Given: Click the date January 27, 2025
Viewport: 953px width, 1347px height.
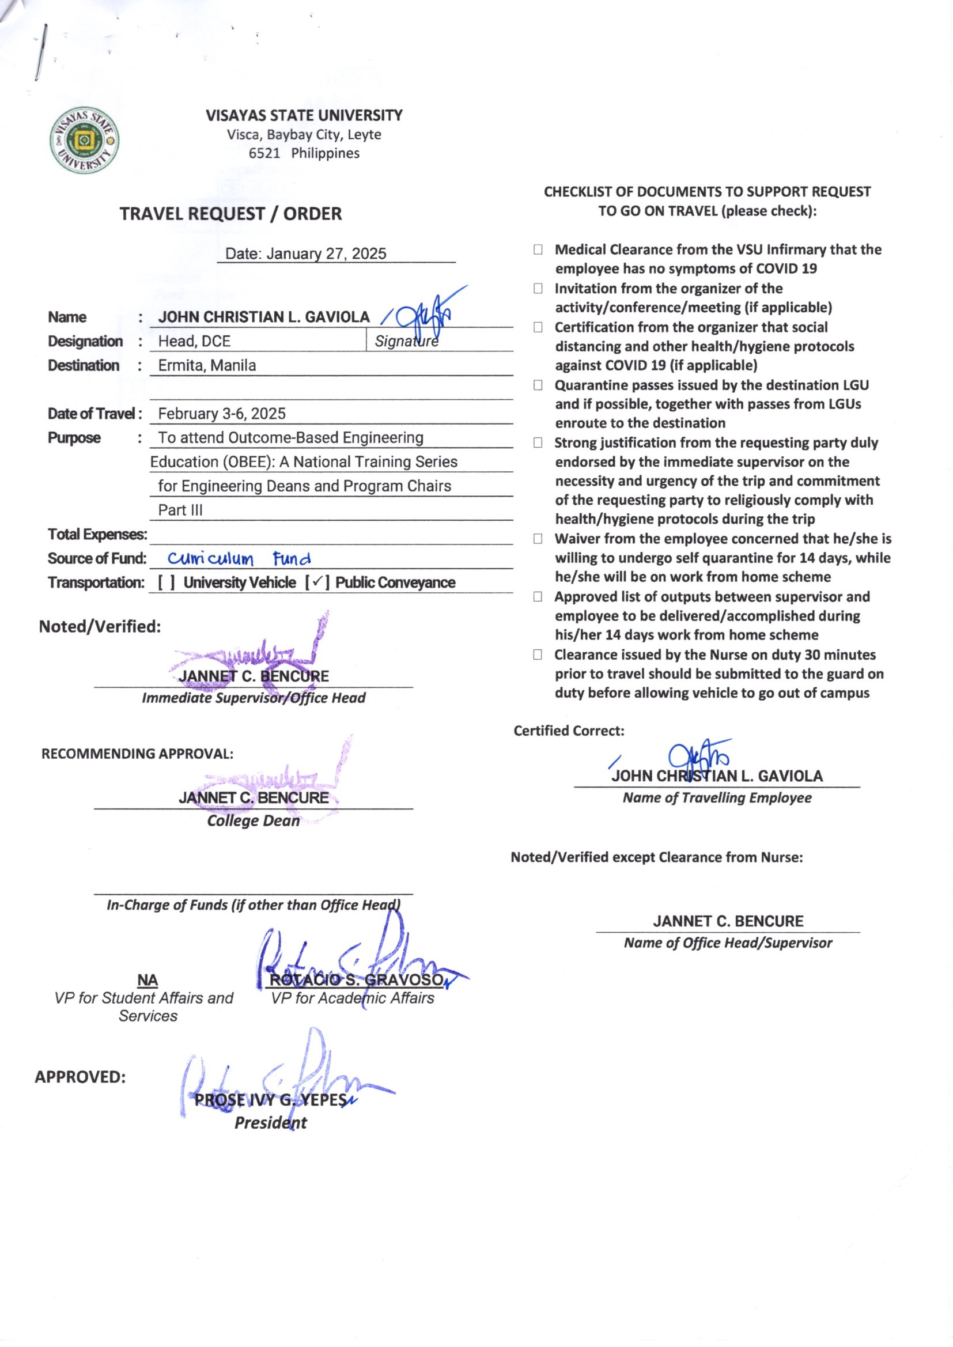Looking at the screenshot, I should coord(306,253).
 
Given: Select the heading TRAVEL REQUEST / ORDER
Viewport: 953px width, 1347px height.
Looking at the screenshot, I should coord(230,214).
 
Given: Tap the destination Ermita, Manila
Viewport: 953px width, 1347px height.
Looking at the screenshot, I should coord(207,365).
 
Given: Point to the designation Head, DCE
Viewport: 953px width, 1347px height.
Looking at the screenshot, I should coord(194,341).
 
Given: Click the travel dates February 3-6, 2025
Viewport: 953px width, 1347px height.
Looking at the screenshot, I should coord(222,414).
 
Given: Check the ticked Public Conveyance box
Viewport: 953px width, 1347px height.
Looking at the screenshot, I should coord(316,582).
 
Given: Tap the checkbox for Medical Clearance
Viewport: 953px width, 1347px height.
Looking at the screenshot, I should coord(538,250).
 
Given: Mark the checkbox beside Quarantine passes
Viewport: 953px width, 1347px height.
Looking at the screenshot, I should coord(538,385).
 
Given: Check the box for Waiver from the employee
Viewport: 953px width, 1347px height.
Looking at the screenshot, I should coord(538,539).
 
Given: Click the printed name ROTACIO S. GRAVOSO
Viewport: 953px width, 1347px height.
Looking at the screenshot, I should coord(356,981).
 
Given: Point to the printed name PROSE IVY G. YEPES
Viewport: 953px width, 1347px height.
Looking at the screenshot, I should coord(271,1100).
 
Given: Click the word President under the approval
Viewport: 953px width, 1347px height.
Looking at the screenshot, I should coord(271,1123).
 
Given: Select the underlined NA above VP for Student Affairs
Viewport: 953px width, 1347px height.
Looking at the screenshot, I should coord(148,981).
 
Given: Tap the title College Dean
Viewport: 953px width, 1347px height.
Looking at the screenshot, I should coord(254,821).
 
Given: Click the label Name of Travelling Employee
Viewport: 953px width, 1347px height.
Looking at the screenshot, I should coord(717,798).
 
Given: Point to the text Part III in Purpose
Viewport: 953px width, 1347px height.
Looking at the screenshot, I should coord(180,510).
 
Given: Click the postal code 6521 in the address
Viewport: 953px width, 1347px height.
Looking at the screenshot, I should coord(264,154).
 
